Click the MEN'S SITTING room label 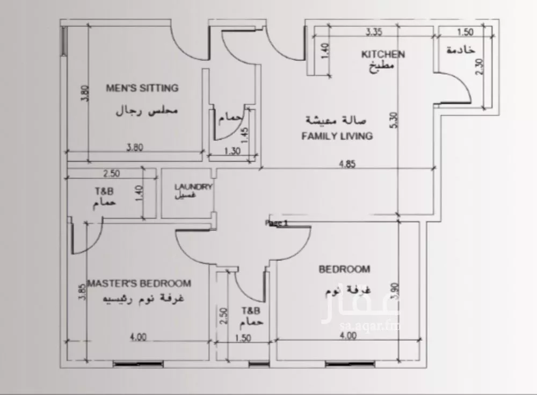click(142, 88)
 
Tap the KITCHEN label click(383, 54)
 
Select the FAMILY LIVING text click(337, 136)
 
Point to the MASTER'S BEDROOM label click(139, 283)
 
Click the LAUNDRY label click(193, 187)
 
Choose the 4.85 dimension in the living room click(347, 164)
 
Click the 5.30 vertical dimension click(394, 120)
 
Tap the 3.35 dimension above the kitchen click(374, 32)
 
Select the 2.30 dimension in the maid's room click(480, 67)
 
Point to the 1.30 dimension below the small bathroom click(232, 151)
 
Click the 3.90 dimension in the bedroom click(395, 291)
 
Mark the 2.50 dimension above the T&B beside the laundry click(112, 174)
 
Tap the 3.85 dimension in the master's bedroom click(82, 292)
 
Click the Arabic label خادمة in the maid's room click(461, 50)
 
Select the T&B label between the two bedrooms click(251, 311)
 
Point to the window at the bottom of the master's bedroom click(137, 364)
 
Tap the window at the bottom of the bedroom click(350, 364)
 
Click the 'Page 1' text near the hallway click(277, 223)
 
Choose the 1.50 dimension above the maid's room click(465, 32)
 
